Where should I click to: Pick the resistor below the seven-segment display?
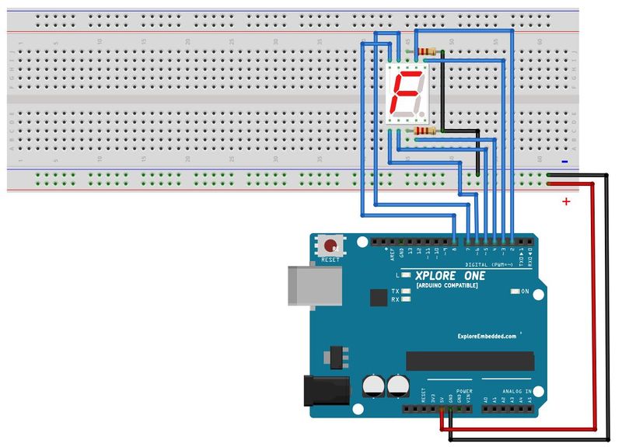424,132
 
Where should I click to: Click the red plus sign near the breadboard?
566,202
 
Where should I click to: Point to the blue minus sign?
564,162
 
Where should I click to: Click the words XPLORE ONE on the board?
452,276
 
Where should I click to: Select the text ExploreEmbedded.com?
487,337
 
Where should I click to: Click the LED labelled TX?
406,291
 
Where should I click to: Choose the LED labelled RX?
406,299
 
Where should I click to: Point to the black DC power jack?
323,393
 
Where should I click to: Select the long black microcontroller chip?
470,361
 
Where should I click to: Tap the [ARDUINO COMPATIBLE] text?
449,286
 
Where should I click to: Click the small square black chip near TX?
379,298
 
